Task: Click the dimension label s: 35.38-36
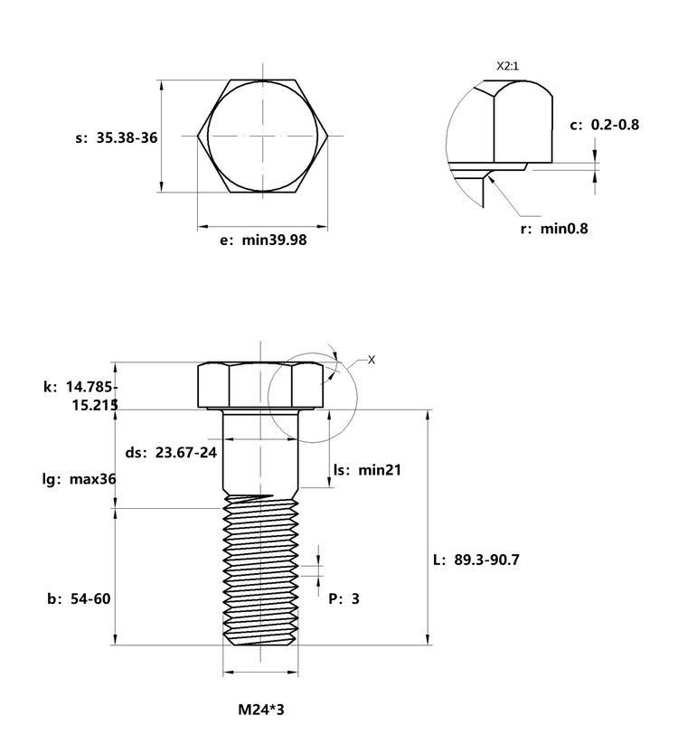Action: coord(117,137)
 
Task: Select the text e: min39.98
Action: coord(263,240)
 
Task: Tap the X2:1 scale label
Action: coord(507,66)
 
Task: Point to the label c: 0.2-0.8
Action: coord(605,125)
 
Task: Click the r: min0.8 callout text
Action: coord(554,228)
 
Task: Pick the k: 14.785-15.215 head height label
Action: coord(80,396)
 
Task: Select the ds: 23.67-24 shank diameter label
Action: coord(171,452)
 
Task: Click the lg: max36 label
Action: coord(80,479)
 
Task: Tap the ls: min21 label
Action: coord(367,470)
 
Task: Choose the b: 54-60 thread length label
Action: coord(79,598)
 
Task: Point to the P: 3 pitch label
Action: coord(344,598)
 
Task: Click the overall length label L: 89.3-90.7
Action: coord(476,560)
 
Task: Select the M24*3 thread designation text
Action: coord(260,710)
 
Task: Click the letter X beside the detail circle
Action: coord(372,360)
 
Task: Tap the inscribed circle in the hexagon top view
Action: coord(207,136)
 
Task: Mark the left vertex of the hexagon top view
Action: coord(197,136)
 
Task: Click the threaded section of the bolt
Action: coord(260,570)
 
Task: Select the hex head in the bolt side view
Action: coord(260,386)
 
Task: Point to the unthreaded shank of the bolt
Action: coord(260,451)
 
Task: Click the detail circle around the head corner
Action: coord(268,398)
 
